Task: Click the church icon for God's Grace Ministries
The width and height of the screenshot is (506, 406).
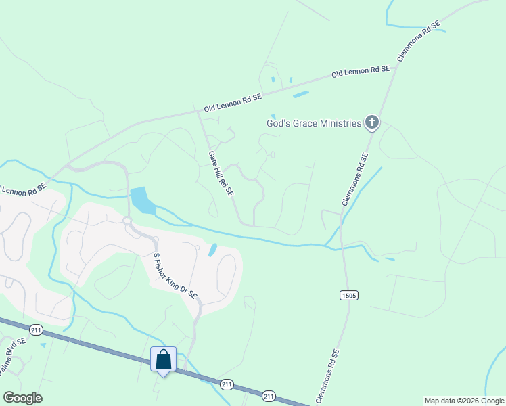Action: pos(371,122)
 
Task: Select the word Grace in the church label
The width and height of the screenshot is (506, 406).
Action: pos(304,123)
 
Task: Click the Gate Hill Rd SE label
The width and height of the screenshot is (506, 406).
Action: pos(221,174)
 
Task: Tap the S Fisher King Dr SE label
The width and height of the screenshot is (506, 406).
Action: pos(175,277)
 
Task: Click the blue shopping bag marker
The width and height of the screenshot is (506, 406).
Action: pos(163,359)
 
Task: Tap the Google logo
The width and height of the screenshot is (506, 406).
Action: pos(22,398)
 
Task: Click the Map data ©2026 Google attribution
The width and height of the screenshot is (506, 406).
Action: pos(463,401)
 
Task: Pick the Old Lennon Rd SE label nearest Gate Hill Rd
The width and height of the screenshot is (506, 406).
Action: pos(233,104)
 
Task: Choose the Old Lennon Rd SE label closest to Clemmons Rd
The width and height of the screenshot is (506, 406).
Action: pos(361,70)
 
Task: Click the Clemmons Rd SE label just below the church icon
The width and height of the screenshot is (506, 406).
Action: pos(355,179)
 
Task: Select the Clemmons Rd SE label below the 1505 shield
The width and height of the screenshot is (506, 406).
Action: pos(326,376)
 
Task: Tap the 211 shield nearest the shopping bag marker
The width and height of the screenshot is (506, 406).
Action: pos(227,384)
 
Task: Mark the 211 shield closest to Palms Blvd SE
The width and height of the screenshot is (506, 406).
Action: pos(36,329)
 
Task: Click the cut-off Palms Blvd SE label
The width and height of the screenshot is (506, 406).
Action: pos(12,359)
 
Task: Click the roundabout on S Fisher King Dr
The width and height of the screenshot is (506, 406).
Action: pos(127,221)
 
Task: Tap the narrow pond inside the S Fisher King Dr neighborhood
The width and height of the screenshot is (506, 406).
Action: pos(213,250)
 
